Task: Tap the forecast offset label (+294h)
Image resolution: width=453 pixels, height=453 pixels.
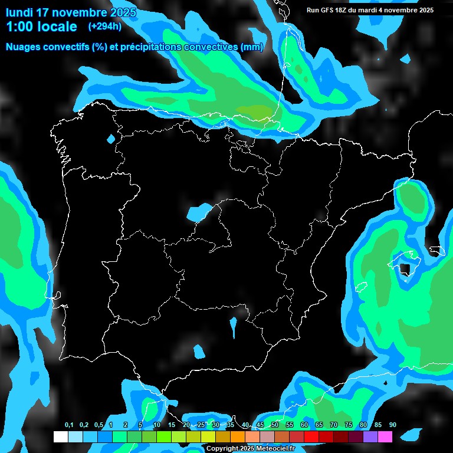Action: coord(105,26)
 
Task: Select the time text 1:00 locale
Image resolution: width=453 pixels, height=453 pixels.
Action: coord(41,27)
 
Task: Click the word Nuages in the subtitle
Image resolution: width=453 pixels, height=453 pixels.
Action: coord(24,47)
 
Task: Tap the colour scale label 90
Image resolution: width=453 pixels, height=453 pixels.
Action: coord(392,425)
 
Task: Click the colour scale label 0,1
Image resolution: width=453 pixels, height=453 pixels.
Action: coord(69,425)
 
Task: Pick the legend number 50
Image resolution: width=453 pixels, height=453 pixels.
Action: coord(275,425)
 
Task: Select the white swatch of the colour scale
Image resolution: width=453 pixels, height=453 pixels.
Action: coord(60,436)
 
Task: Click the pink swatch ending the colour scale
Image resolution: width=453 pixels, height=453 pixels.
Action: coord(385,436)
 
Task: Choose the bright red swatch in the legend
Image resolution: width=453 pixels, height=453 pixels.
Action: coord(311,436)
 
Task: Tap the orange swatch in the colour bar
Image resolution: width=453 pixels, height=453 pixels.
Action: coord(238,436)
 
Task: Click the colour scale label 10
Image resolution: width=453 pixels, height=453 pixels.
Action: coord(157,425)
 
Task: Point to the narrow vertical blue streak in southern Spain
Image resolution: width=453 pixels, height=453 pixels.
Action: coord(234,327)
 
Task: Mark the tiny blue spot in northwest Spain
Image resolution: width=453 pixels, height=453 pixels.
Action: coord(111,139)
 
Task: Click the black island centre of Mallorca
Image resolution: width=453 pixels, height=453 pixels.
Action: coord(405,269)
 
